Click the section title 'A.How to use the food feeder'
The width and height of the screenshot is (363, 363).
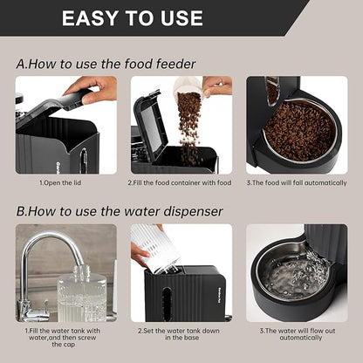pyautogui.click(x=106, y=63)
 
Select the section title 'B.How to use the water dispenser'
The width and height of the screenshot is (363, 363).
pyautogui.click(x=120, y=210)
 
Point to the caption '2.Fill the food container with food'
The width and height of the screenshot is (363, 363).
pyautogui.click(x=181, y=183)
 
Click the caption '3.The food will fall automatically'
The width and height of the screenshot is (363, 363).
pyautogui.click(x=297, y=183)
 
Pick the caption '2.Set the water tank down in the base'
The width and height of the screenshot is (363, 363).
pyautogui.click(x=181, y=335)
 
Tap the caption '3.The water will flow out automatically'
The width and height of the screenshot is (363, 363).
pyautogui.click(x=297, y=335)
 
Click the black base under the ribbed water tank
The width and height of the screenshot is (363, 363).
pyautogui.click(x=183, y=297)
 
